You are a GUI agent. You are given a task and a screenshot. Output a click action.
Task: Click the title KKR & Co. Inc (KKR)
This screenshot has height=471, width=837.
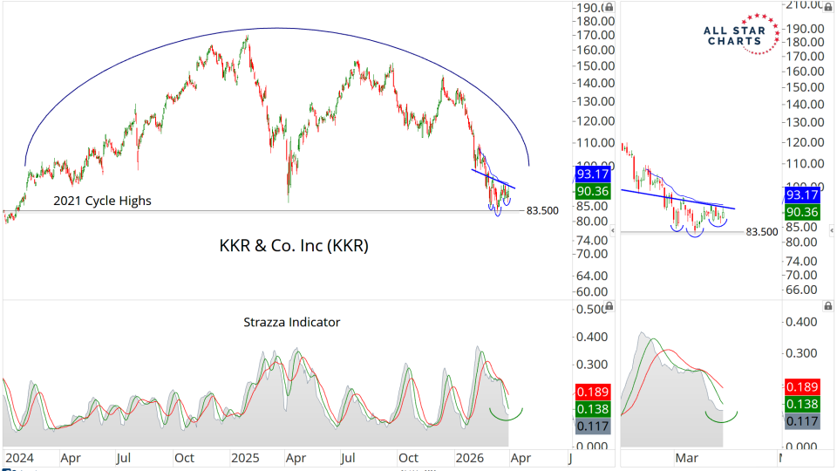[x=293, y=246]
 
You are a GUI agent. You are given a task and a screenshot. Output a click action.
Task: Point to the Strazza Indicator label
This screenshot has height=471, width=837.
[x=291, y=322]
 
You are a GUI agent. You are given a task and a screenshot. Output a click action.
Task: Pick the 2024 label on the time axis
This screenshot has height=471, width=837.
[x=19, y=456]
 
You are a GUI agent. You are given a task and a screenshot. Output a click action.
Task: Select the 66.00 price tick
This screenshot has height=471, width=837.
[x=803, y=290]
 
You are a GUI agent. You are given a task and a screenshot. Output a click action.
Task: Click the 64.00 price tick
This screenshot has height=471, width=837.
[x=591, y=272]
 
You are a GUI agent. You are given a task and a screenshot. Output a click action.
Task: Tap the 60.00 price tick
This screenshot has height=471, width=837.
[x=591, y=292]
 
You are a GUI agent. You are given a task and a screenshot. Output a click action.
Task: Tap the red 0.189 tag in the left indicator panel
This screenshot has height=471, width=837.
[x=593, y=392]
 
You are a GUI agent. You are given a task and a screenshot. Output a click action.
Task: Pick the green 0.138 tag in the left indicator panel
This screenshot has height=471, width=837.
[x=593, y=407]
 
